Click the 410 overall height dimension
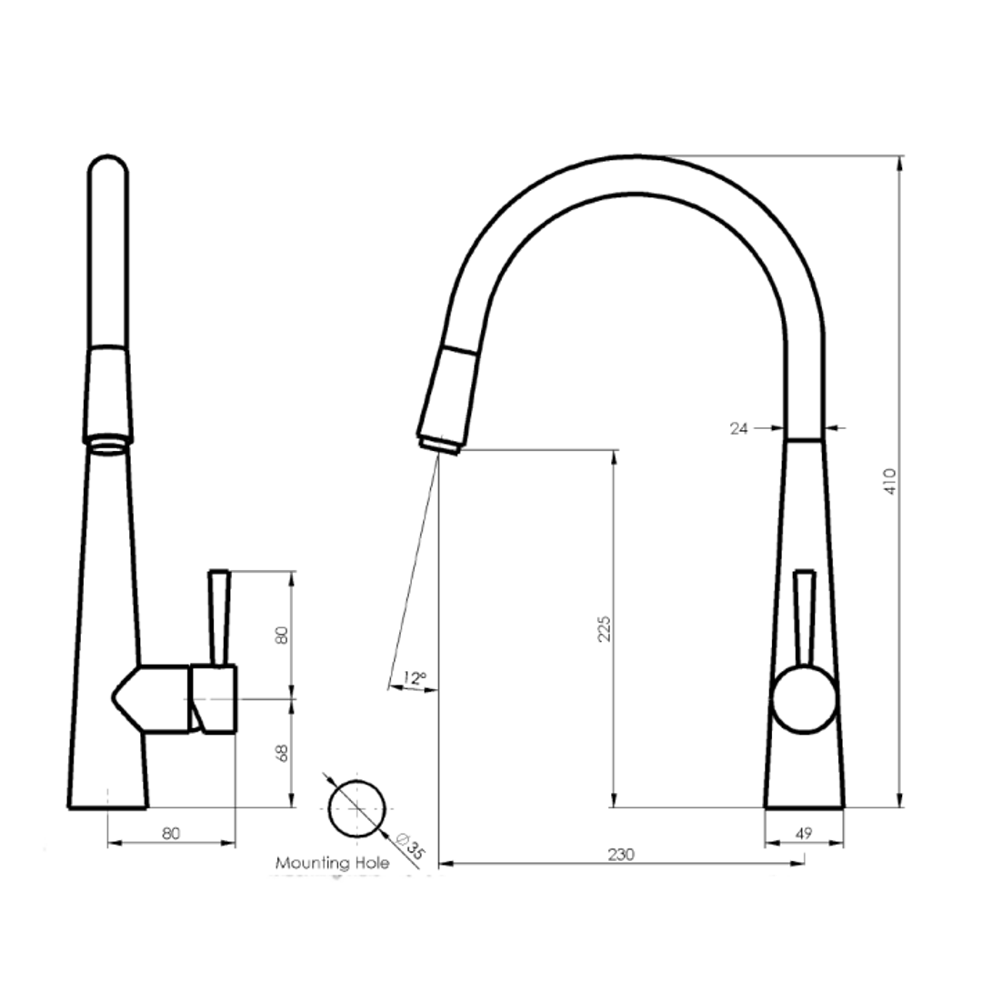coord(891,481)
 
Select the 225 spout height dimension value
coord(604,628)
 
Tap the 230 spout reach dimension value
coord(621,855)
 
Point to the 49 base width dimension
coord(804,834)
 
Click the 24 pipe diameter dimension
coord(739,428)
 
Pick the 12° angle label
coord(414,677)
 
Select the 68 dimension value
coord(282,753)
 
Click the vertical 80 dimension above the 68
coord(282,634)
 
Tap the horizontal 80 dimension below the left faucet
coord(171,833)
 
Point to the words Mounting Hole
coord(332,863)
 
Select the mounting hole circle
coord(356,809)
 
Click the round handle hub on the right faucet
coord(804,701)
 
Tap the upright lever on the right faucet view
coord(804,618)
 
